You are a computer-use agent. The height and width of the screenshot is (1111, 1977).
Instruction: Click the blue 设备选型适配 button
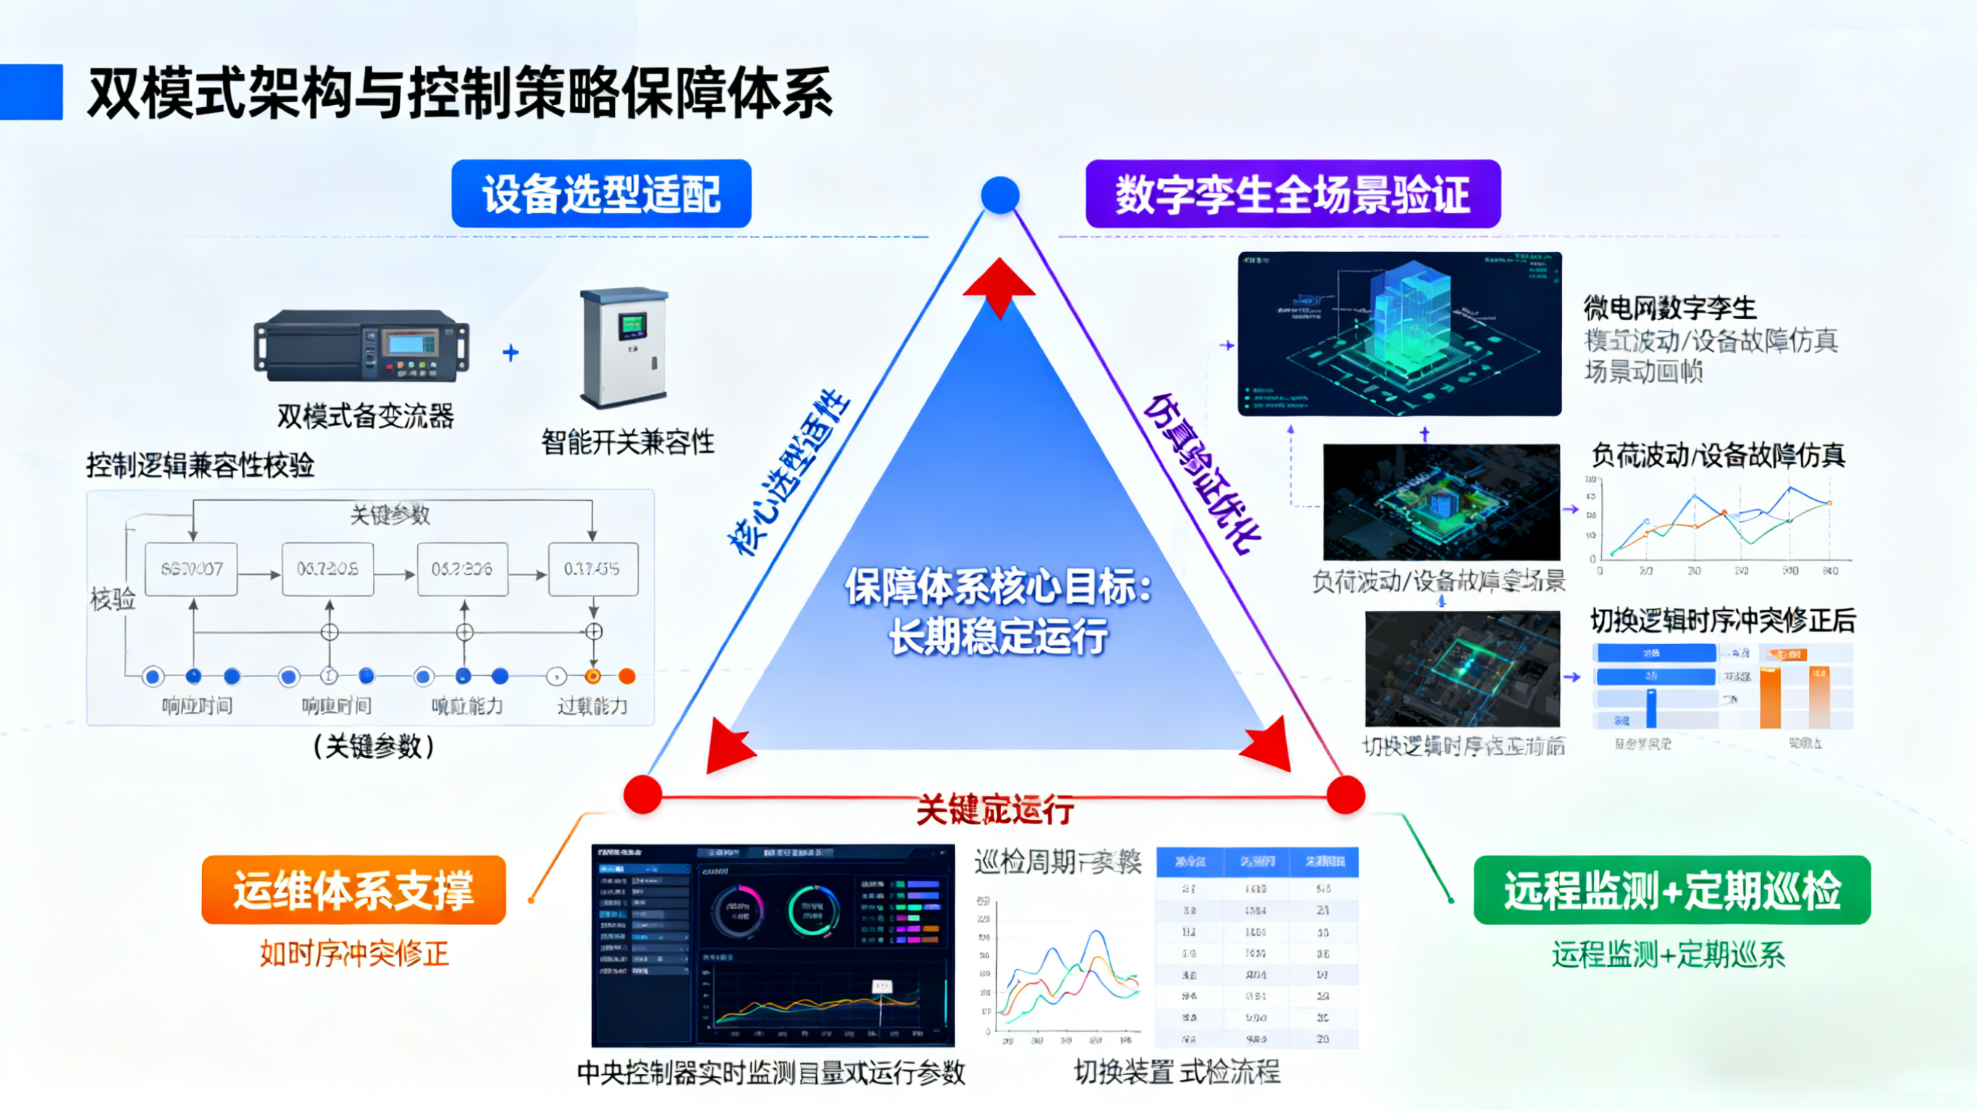[x=601, y=193]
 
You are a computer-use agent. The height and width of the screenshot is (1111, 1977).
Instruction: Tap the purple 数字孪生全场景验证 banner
[x=1293, y=193]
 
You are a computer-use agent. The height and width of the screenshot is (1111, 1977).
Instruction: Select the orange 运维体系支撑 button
[x=354, y=890]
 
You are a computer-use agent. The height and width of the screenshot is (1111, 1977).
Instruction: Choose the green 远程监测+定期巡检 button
[x=1671, y=890]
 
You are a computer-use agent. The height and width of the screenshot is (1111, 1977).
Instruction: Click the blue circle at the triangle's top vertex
[x=1000, y=195]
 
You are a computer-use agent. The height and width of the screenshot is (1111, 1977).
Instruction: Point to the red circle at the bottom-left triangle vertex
[x=643, y=794]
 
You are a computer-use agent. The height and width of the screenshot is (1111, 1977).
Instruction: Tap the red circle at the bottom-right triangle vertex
[x=1346, y=794]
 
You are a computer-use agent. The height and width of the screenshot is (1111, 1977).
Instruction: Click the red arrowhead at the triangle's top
[x=999, y=284]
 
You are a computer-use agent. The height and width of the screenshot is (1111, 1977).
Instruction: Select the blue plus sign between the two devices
[x=511, y=353]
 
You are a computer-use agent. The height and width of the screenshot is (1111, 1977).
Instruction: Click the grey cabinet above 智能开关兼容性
[x=625, y=347]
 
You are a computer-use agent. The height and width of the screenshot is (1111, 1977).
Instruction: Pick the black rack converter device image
[x=361, y=345]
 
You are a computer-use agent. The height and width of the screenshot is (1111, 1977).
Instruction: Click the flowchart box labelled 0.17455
[x=592, y=570]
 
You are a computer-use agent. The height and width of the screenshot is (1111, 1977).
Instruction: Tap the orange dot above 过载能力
[x=627, y=676]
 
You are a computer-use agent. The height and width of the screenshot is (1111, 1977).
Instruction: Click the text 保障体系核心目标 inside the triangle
[x=998, y=588]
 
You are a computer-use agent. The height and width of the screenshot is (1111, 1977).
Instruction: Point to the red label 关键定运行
[x=996, y=810]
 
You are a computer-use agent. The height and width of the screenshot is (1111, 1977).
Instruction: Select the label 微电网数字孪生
[x=1670, y=308]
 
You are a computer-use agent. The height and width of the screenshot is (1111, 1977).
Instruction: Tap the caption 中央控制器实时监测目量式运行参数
[x=771, y=1073]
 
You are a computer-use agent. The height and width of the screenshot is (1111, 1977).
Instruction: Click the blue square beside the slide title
[x=31, y=92]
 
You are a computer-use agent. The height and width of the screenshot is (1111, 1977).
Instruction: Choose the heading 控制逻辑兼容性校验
[x=201, y=465]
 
